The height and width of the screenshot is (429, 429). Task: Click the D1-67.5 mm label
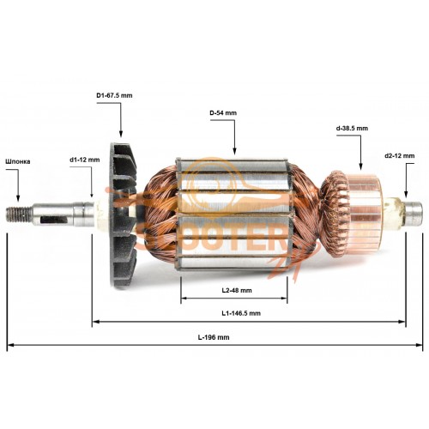point(114,95)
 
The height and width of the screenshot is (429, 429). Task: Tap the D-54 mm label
point(223,113)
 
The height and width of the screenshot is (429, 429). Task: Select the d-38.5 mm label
point(352,128)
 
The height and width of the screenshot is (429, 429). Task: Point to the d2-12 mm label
point(400,156)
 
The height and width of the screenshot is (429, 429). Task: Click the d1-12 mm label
point(85,160)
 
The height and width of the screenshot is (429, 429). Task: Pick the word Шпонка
point(18,161)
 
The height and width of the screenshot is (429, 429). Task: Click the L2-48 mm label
point(237,290)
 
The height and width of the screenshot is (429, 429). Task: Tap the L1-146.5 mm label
point(241,313)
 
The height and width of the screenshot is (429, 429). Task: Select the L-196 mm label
point(214,337)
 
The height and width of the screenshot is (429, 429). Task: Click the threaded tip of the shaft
point(19,214)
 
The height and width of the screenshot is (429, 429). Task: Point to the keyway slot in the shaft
point(54,220)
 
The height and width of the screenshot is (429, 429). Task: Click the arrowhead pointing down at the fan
point(121,134)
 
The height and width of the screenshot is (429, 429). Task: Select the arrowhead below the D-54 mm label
point(234,151)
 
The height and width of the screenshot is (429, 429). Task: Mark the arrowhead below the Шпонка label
point(18,198)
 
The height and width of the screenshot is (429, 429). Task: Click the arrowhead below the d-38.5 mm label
point(360,166)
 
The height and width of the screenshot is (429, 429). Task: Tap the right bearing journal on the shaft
point(413,214)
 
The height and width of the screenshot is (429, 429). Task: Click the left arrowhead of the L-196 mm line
point(10,345)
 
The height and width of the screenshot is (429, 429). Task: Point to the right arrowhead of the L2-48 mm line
point(284,299)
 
